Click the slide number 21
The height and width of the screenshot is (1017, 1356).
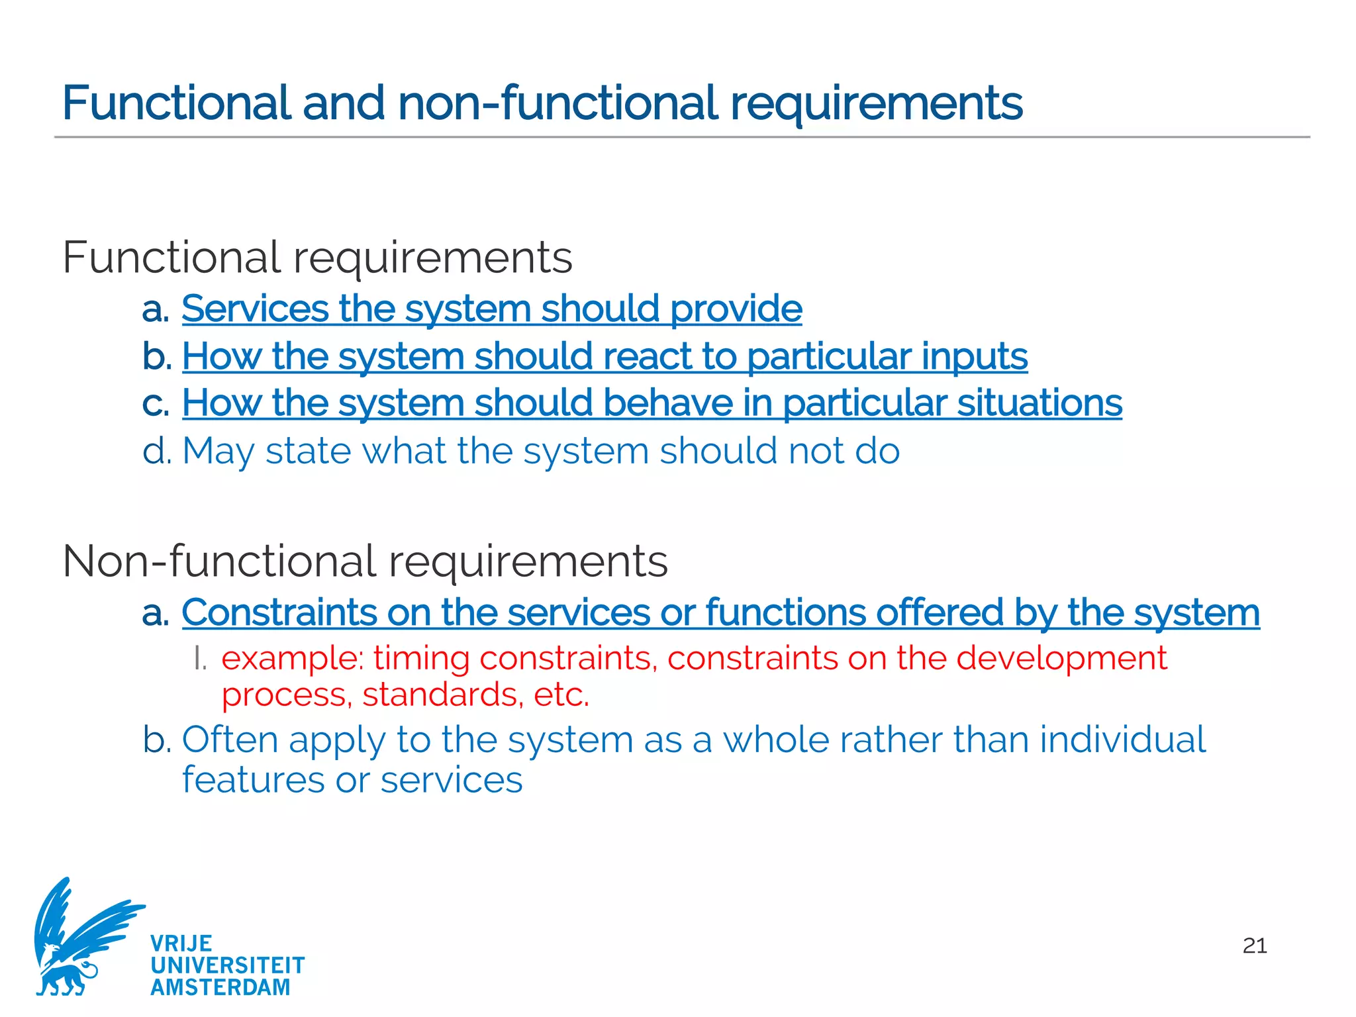point(1255,945)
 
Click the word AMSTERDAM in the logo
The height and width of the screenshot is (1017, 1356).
point(220,987)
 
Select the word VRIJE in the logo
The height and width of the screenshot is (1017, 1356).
point(181,944)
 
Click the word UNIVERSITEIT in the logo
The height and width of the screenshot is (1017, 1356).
point(228,965)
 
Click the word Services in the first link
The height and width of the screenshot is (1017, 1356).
point(255,309)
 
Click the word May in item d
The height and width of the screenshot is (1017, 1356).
point(218,452)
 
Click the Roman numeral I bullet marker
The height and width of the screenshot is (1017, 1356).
point(200,659)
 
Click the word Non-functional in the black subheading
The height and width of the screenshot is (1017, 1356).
point(219,561)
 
